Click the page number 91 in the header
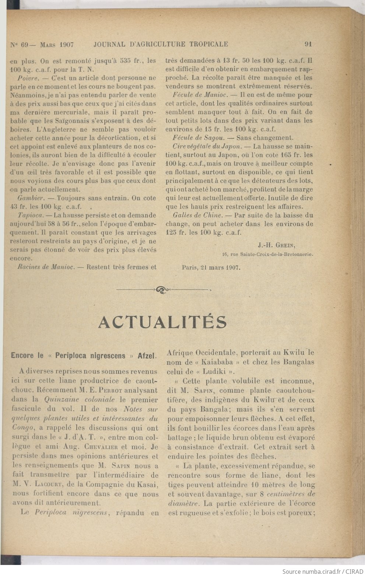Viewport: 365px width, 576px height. [309, 44]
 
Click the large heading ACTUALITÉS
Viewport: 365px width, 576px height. [162, 322]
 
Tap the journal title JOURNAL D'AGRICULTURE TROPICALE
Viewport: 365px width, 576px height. [161, 44]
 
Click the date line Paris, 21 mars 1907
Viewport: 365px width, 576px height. [211, 268]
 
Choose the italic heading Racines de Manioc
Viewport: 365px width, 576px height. [46, 267]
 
